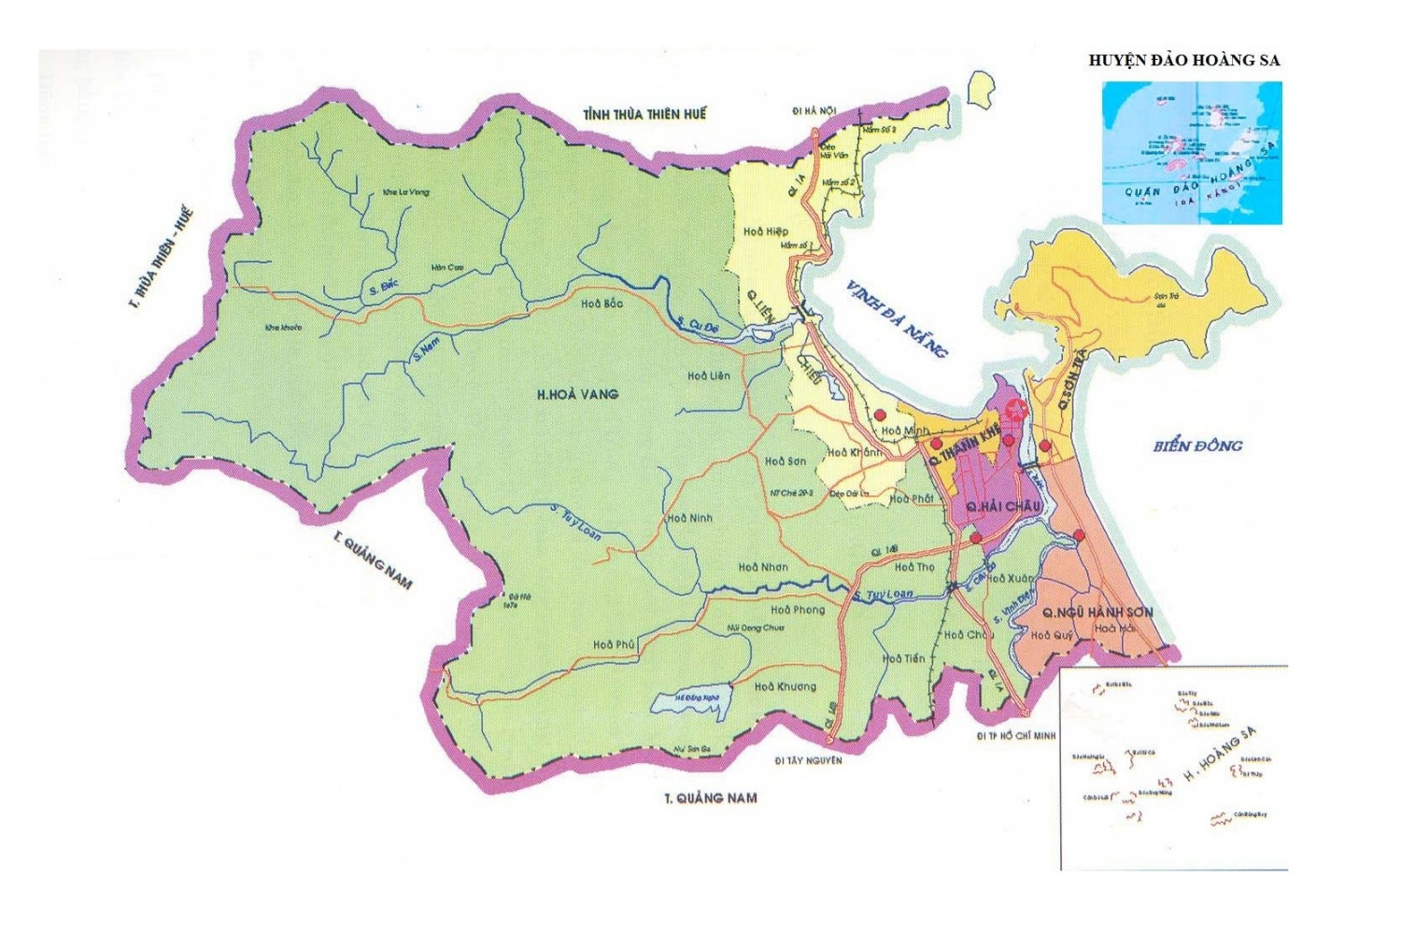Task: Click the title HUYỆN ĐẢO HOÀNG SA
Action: [x=1183, y=61]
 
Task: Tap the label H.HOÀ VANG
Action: [x=577, y=394]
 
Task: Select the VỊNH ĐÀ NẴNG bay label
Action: [x=896, y=318]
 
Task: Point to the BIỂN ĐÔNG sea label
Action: [x=1197, y=445]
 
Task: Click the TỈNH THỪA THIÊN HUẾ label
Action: [x=644, y=114]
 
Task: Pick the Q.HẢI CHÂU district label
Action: [x=1003, y=506]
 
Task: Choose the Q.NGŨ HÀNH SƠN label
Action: [x=1097, y=613]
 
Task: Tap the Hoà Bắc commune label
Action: [x=601, y=304]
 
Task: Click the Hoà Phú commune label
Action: [x=614, y=644]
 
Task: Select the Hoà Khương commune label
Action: [x=785, y=686]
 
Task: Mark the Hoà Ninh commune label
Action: [x=689, y=517]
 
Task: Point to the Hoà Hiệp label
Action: [x=766, y=232]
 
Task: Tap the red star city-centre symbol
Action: [x=1016, y=408]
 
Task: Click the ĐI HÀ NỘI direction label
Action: [x=814, y=111]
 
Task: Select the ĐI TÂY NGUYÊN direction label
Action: [x=808, y=760]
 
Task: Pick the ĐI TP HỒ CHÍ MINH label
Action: [x=1016, y=736]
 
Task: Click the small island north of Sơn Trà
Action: [x=980, y=89]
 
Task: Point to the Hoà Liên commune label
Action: [x=709, y=375]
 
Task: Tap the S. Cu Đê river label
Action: [x=698, y=325]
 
